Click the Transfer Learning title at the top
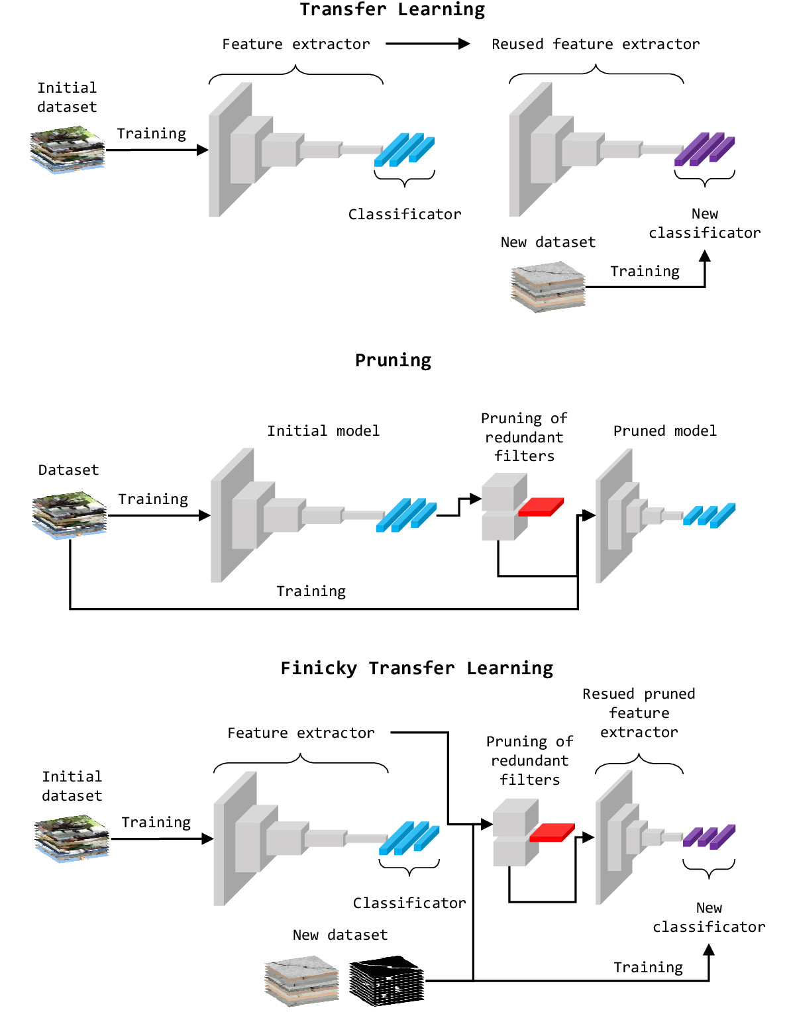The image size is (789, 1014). (392, 10)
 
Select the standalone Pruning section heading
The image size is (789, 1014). (393, 360)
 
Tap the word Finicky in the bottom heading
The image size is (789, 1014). (319, 668)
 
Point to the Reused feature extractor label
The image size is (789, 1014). (595, 44)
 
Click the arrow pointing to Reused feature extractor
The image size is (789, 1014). (427, 44)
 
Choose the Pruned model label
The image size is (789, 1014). (664, 431)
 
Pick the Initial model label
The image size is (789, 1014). (323, 431)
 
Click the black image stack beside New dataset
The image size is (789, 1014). (386, 981)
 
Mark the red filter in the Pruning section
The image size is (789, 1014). (541, 507)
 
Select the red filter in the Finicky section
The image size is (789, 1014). (552, 833)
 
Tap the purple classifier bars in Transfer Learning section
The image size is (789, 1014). (704, 150)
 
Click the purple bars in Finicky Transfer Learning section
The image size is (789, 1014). (709, 837)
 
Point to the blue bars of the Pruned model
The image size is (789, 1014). (709, 515)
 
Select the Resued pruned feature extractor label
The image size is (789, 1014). (639, 713)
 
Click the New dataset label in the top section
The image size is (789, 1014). (548, 242)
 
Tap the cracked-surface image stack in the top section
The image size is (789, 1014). (548, 287)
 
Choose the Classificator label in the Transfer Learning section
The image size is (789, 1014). (405, 215)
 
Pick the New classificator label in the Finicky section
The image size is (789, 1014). (709, 917)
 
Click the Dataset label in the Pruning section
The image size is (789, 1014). (68, 470)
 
